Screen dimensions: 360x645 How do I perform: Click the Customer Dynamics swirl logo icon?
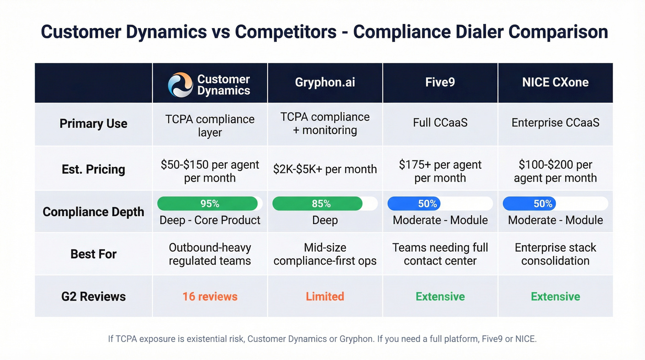(x=180, y=85)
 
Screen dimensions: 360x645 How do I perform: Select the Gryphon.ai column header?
(x=325, y=83)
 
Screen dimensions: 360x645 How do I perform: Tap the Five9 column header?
(x=440, y=83)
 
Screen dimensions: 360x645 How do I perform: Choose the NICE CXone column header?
(x=555, y=83)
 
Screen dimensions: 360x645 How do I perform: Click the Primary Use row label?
(x=94, y=124)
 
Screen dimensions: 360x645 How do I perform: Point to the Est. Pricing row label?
(x=94, y=169)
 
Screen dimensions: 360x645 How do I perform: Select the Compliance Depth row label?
(x=94, y=212)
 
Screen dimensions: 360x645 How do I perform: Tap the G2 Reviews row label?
(x=94, y=296)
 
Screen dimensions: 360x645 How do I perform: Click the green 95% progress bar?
(x=207, y=204)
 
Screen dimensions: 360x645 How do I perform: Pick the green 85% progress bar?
(x=317, y=204)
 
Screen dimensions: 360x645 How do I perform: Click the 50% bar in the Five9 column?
(x=414, y=204)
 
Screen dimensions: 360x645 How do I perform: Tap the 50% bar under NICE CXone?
(x=529, y=204)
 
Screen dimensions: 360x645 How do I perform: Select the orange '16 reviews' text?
(x=210, y=296)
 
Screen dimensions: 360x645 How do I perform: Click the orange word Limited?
(x=325, y=296)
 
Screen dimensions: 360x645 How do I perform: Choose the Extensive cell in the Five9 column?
(x=440, y=296)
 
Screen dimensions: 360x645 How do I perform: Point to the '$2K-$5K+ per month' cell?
(x=325, y=169)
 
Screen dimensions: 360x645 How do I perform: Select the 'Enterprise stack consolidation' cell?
(x=555, y=254)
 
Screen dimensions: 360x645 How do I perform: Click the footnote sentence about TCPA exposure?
(x=322, y=339)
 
